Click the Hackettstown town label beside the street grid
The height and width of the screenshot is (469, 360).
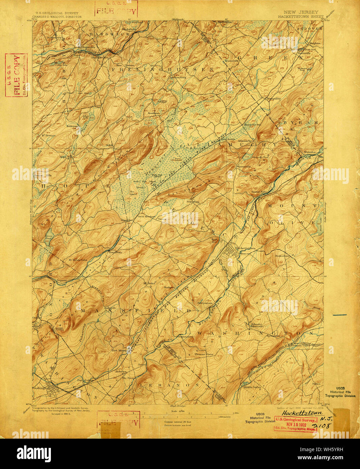(245, 248)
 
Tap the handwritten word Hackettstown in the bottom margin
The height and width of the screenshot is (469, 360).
(302, 413)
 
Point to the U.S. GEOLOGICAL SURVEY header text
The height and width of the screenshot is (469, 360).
(55, 13)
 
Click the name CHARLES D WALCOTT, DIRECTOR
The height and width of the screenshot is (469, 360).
(55, 16)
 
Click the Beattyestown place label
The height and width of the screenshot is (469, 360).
(205, 303)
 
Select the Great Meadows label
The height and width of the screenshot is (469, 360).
(146, 216)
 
